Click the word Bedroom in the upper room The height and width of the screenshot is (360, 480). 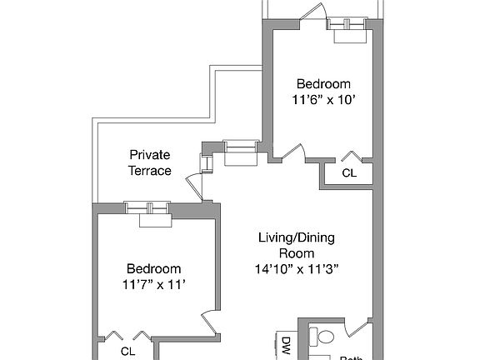[x=323, y=84]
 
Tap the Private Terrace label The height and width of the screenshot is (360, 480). [x=150, y=162]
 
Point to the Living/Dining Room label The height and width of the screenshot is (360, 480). [x=295, y=246]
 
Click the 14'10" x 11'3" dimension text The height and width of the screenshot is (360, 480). [x=295, y=268]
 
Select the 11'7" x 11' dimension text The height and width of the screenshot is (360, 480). [x=153, y=284]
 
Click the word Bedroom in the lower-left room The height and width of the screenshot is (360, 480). [x=153, y=268]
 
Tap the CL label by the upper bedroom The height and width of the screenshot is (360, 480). [x=349, y=173]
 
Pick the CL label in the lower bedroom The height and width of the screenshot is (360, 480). [x=127, y=351]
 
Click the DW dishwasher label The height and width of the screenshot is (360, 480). [x=284, y=343]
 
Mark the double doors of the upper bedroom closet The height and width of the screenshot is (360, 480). [x=350, y=157]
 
